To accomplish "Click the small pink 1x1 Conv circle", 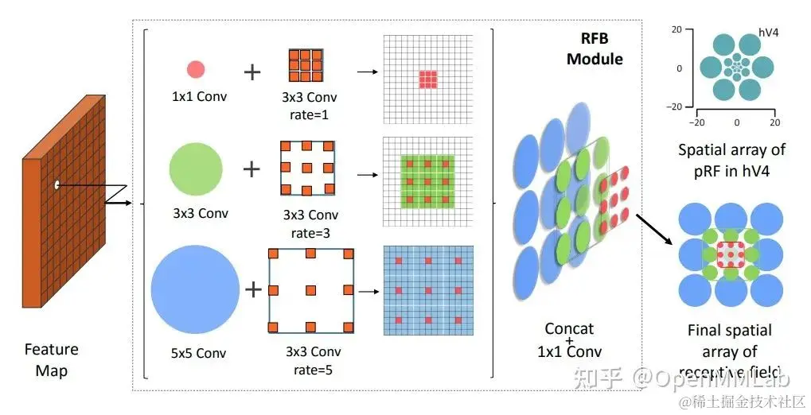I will (x=195, y=69).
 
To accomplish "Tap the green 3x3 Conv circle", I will (x=196, y=169).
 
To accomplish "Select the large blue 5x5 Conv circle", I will (x=195, y=289).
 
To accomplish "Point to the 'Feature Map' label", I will (x=51, y=359).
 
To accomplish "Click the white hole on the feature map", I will (x=57, y=185).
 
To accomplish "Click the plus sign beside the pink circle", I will (x=251, y=72).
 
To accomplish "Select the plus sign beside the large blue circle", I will (x=253, y=289).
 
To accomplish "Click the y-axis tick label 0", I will (x=680, y=68).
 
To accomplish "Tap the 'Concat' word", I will (x=569, y=328).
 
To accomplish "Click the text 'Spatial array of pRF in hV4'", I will (x=731, y=158).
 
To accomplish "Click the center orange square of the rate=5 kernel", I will (x=310, y=289).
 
